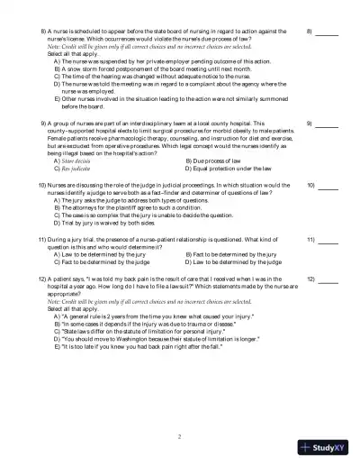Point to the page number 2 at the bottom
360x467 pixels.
pyautogui.click(x=180, y=436)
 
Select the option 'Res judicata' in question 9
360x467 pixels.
pyautogui.click(x=79, y=168)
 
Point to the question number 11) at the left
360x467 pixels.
pyautogui.click(x=42, y=241)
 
